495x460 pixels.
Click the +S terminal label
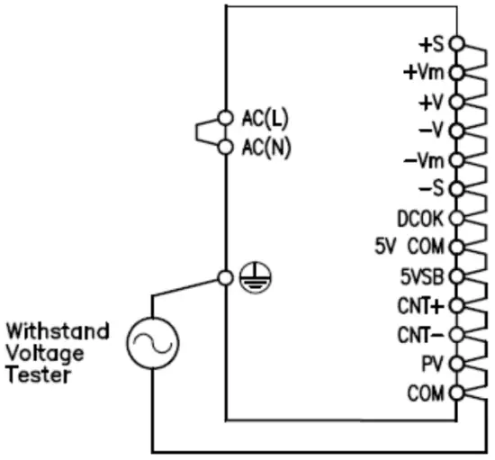pos(431,42)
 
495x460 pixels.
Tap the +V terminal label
pos(431,101)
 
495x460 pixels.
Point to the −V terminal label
pos(431,130)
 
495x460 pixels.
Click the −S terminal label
pos(431,188)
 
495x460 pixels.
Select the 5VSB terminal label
pos(418,276)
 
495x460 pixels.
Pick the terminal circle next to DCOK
pos(454,217)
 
